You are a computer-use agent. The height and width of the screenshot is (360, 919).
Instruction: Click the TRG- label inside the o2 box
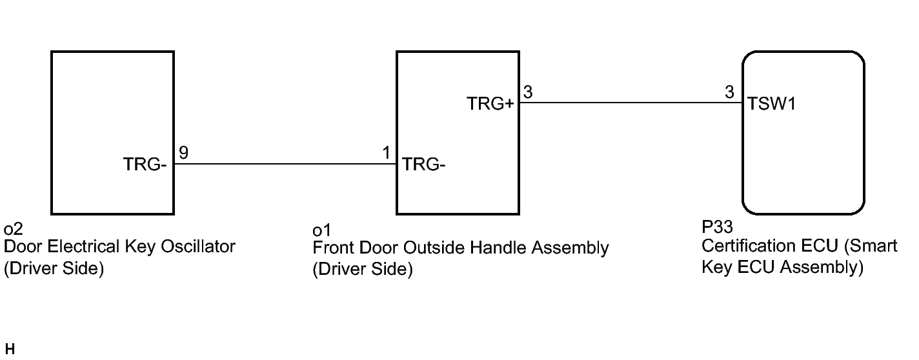click(x=145, y=165)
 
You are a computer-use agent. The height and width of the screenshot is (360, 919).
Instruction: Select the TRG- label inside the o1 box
click(x=424, y=165)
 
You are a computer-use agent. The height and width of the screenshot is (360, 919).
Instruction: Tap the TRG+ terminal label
click(x=490, y=103)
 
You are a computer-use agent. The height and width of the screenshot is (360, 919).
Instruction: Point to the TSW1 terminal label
click(x=771, y=104)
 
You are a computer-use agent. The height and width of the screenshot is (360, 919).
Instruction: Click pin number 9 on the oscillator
click(x=183, y=153)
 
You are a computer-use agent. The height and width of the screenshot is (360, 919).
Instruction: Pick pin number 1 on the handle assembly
click(x=386, y=153)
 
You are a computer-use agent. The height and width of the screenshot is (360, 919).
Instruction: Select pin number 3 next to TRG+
click(x=528, y=92)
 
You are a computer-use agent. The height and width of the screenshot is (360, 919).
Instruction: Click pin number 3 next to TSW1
click(x=729, y=92)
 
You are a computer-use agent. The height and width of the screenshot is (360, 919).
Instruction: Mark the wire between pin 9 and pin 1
click(x=284, y=164)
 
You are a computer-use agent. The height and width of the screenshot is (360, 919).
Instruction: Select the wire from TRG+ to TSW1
click(x=629, y=103)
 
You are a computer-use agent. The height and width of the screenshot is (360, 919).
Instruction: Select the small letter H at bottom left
click(x=8, y=350)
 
